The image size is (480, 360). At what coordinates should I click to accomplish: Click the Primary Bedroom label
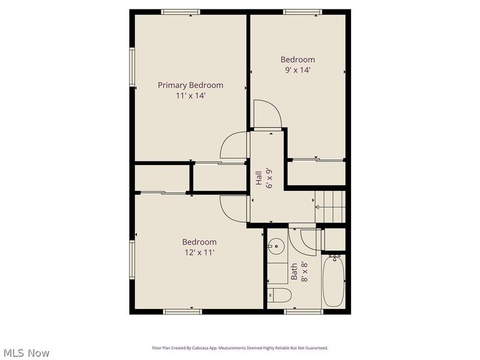click(x=190, y=85)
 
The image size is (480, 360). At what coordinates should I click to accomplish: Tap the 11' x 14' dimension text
click(x=190, y=95)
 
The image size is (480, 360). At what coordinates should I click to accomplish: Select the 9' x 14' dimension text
click(x=298, y=70)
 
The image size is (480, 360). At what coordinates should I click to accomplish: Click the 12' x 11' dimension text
click(x=199, y=253)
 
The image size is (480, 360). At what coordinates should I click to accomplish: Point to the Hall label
click(x=259, y=178)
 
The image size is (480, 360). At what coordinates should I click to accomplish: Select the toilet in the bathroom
click(x=280, y=295)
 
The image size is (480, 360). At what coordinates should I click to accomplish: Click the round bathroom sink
click(x=276, y=246)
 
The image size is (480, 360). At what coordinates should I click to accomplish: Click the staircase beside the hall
click(x=331, y=205)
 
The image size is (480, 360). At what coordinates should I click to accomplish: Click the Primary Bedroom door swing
click(x=235, y=146)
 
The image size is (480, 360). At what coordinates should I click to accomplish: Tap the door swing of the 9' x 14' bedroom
click(x=266, y=115)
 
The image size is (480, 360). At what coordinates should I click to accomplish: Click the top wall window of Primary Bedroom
click(x=181, y=11)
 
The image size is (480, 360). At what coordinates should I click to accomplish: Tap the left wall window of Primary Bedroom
click(x=132, y=67)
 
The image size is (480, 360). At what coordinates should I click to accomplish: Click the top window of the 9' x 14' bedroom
click(x=302, y=11)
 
